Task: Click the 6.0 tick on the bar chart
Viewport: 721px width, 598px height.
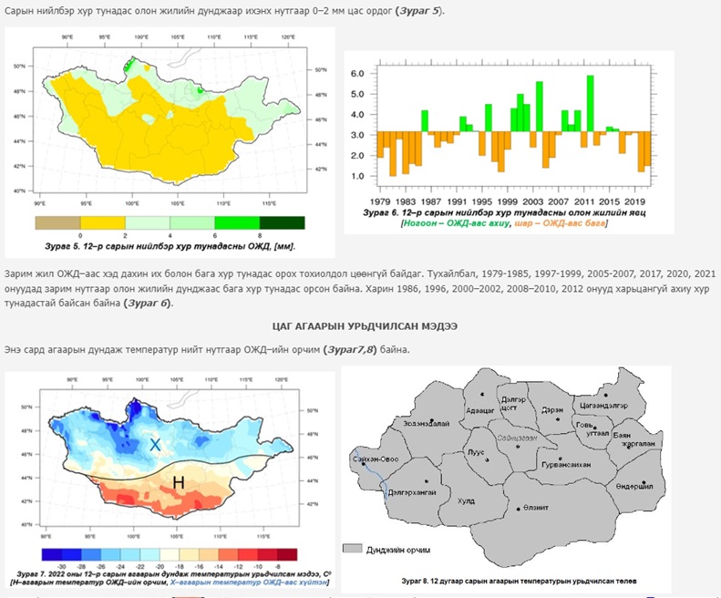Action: pyautogui.click(x=358, y=73)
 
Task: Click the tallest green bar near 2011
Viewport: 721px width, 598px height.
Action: pyautogui.click(x=591, y=105)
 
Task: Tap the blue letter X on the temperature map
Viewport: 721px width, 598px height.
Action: pyautogui.click(x=156, y=445)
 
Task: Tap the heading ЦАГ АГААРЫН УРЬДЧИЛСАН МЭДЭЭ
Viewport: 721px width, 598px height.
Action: pyautogui.click(x=365, y=325)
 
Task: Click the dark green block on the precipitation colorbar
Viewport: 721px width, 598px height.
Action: pyautogui.click(x=282, y=222)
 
